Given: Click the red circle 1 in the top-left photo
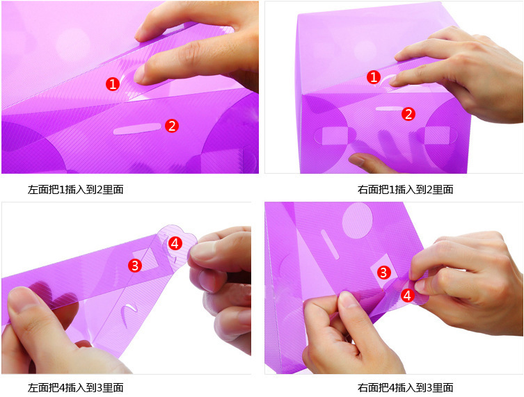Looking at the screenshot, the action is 113,84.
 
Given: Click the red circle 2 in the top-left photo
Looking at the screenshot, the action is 172,126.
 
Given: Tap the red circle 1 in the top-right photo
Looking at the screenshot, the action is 374,77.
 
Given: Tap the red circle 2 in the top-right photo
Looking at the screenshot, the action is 408,114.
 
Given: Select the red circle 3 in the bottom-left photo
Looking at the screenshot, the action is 135,266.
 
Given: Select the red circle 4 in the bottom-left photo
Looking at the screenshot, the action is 175,243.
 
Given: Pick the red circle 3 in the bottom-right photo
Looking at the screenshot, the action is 383,273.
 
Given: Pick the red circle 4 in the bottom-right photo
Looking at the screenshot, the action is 407,295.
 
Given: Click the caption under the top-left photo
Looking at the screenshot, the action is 76,190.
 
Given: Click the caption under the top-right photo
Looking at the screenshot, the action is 406,190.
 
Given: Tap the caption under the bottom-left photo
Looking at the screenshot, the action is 76,388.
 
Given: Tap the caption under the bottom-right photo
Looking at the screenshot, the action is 406,388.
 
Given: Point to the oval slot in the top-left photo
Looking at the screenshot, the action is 137,129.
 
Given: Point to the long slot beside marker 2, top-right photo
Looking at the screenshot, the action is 390,108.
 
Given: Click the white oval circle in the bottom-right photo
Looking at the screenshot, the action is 357,220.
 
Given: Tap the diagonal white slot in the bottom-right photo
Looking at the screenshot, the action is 330,245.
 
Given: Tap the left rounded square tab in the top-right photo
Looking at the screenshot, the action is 335,136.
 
